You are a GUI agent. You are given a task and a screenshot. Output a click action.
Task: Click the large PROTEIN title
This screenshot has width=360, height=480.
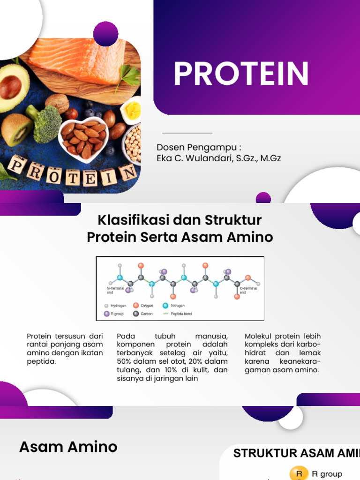coord(241,74)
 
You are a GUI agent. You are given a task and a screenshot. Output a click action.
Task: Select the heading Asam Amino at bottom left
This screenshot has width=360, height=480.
coord(68,447)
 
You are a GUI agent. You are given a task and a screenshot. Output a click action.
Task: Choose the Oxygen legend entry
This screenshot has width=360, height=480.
coord(144,306)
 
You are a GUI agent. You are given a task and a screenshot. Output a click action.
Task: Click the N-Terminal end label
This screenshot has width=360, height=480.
coord(114,290)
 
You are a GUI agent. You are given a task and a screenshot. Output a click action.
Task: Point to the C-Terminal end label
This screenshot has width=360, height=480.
coord(248,290)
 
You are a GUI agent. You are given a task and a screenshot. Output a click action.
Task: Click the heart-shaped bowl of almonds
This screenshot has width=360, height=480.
coord(83,138)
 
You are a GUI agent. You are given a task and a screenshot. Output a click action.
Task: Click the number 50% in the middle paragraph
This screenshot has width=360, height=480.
coord(125,361)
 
